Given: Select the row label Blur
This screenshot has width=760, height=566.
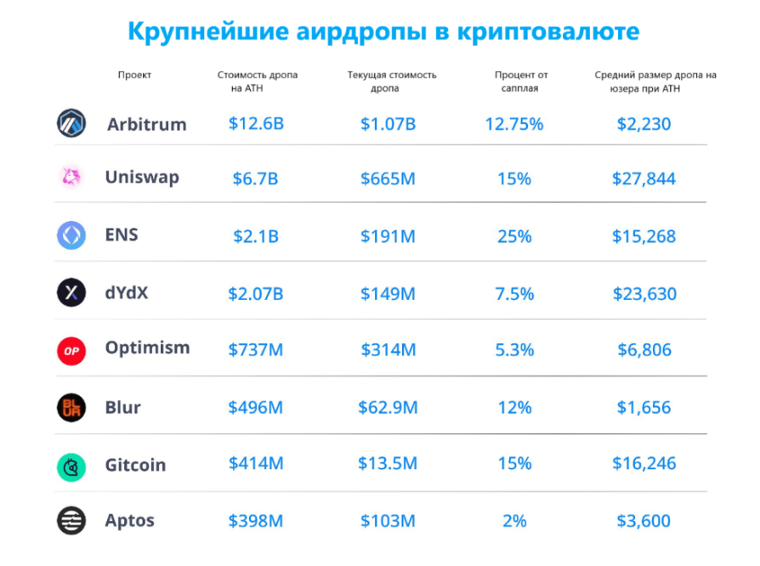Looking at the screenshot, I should click(123, 407).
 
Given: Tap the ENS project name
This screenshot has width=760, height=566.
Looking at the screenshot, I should click(122, 235).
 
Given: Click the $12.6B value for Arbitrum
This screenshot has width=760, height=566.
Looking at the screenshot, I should click(256, 124).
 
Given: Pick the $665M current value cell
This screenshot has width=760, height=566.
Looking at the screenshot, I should click(389, 178).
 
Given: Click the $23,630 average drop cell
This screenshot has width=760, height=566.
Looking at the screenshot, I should click(644, 294).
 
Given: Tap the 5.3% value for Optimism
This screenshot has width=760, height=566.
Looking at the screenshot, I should click(513, 349).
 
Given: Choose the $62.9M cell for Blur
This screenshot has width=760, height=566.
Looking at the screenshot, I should click(389, 407).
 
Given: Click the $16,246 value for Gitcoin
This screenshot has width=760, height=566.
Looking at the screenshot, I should click(644, 464).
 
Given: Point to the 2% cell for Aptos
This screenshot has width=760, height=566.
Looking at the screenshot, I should click(513, 520).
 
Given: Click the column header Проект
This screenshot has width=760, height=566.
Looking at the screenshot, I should click(134, 75).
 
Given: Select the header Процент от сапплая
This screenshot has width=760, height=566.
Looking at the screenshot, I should click(518, 81).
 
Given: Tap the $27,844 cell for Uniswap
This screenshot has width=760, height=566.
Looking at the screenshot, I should click(644, 178).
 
